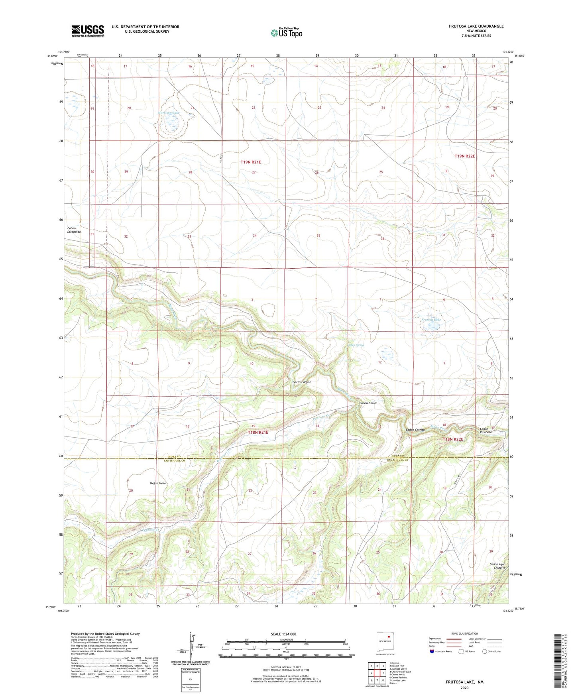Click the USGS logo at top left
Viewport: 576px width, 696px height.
tap(87, 31)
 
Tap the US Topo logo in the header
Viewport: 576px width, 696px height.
tap(286, 33)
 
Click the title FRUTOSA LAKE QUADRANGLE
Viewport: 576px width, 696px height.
tap(470, 26)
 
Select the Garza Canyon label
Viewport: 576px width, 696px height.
tap(302, 382)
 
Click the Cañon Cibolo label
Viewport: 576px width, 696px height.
tap(368, 403)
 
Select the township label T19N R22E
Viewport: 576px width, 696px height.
tap(465, 156)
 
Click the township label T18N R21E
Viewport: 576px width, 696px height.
tap(258, 432)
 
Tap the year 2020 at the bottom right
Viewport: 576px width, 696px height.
tap(464, 688)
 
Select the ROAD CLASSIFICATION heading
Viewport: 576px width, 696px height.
tap(464, 633)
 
